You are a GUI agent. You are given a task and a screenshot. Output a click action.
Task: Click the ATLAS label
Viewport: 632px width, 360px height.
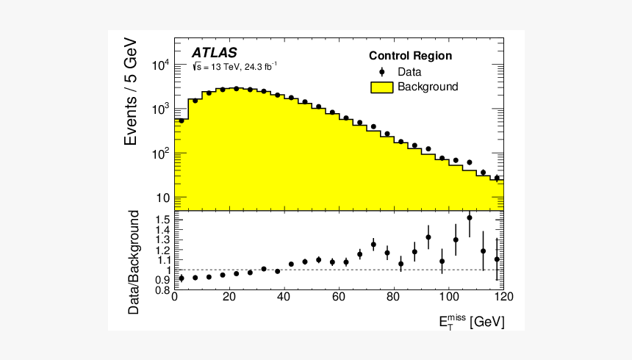(x=215, y=53)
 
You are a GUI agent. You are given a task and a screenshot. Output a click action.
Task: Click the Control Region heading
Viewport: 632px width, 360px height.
(x=410, y=56)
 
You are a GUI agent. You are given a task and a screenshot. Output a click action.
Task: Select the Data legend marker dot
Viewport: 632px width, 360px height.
(x=381, y=72)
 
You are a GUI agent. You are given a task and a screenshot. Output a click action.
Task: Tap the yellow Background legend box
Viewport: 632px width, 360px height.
(x=381, y=87)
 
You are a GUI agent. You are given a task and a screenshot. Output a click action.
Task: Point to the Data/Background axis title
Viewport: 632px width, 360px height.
(x=134, y=262)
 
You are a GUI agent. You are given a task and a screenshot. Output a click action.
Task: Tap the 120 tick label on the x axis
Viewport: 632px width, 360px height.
(x=503, y=298)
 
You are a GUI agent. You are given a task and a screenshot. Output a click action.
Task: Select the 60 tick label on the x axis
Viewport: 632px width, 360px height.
(x=338, y=298)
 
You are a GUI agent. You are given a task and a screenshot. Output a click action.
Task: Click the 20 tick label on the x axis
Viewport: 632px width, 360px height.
(x=229, y=298)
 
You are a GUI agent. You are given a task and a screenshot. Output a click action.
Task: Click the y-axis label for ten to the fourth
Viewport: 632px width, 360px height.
(x=161, y=65)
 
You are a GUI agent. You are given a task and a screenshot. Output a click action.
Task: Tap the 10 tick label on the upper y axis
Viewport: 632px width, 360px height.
(x=162, y=198)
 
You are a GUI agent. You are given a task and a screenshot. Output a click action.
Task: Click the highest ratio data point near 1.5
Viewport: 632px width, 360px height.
(x=470, y=217)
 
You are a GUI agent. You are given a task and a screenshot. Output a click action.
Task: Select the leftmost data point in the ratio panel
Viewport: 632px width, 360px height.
(x=181, y=278)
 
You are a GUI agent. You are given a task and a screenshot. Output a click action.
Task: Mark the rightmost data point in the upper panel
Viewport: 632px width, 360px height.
(x=497, y=178)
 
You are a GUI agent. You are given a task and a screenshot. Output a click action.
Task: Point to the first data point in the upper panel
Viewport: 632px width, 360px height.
(x=181, y=120)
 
